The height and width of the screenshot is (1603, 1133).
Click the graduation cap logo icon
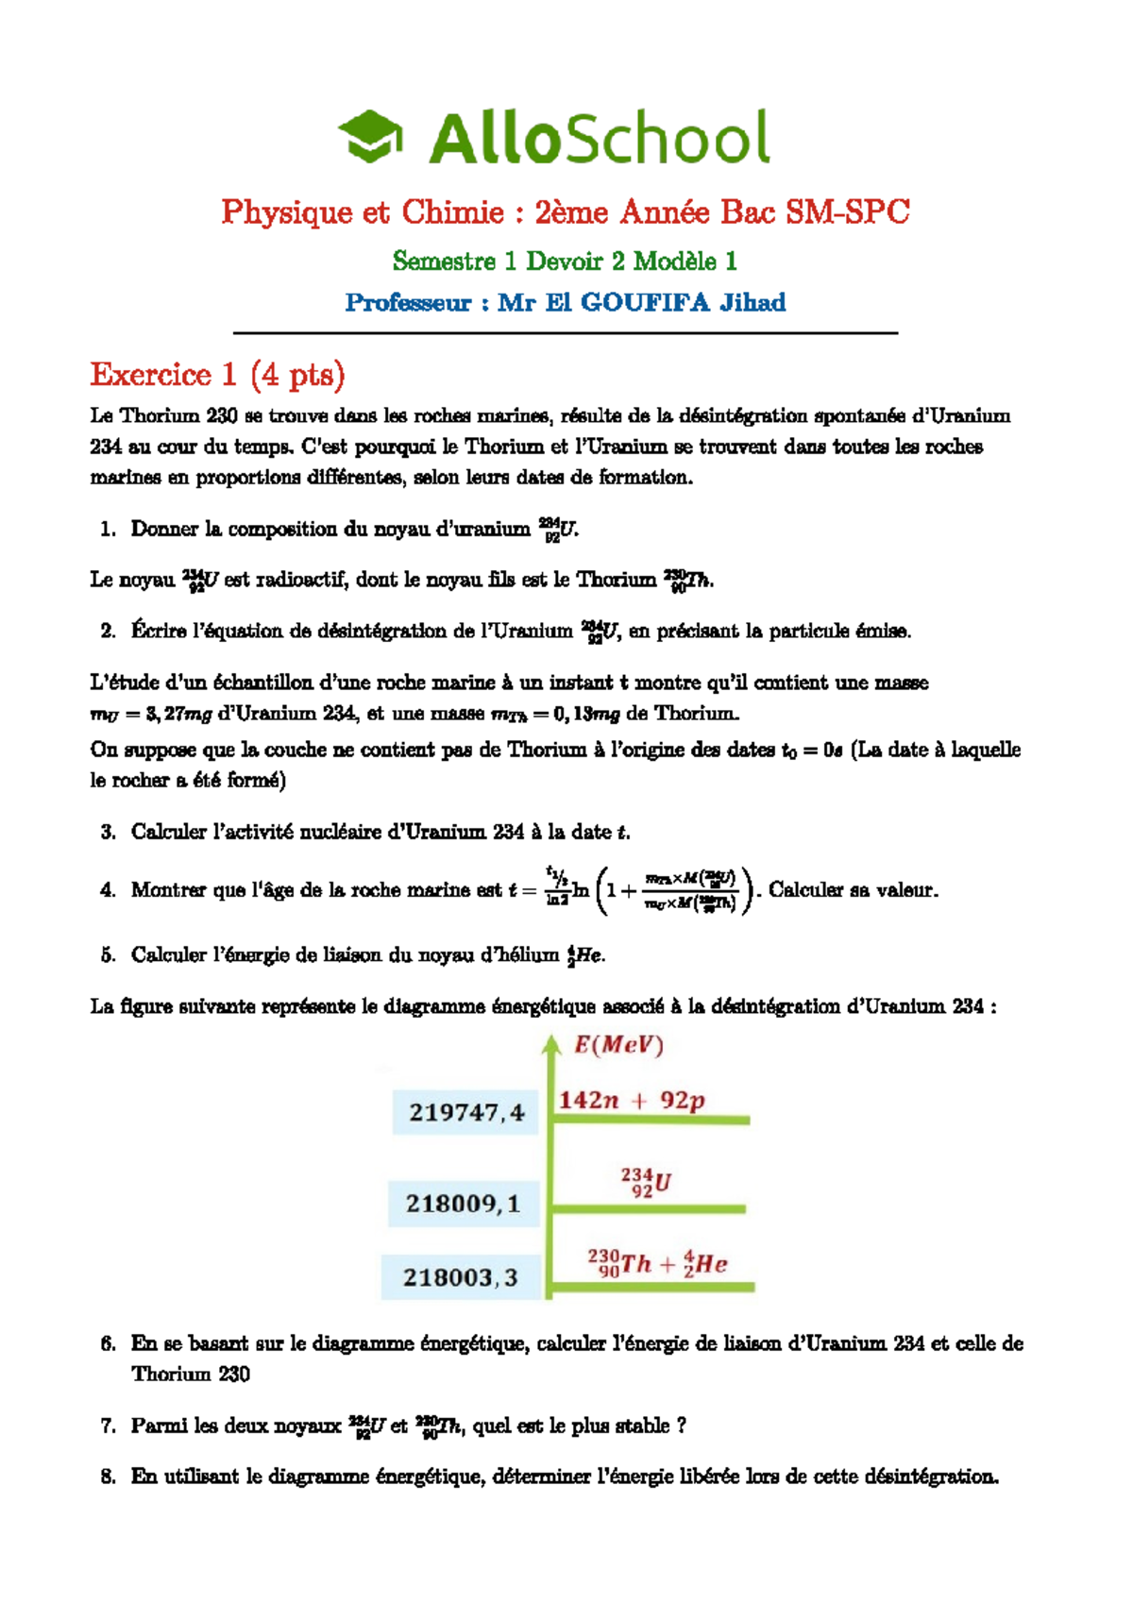coord(370,136)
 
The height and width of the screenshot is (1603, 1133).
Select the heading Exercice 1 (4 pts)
coord(217,375)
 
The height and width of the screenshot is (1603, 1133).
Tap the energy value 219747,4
coord(465,1113)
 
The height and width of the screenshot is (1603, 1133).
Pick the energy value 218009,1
coord(463,1204)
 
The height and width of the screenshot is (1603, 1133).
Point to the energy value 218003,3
coord(460,1277)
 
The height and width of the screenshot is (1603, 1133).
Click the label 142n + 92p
coord(631,1100)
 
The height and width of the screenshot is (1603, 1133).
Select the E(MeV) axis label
coord(618,1045)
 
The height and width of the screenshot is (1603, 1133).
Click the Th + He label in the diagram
coord(657,1263)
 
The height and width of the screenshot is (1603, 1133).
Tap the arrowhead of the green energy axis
coord(550,1043)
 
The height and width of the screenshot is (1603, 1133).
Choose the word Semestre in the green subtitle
coord(444,261)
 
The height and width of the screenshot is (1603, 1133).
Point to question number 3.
coord(108,832)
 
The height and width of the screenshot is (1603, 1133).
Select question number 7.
coord(108,1426)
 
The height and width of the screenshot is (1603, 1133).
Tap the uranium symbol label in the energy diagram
coord(645,1182)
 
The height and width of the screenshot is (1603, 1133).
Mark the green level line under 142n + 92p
coord(651,1120)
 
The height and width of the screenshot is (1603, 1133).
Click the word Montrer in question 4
coord(168,890)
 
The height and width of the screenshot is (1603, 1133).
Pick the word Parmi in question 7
coord(160,1426)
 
